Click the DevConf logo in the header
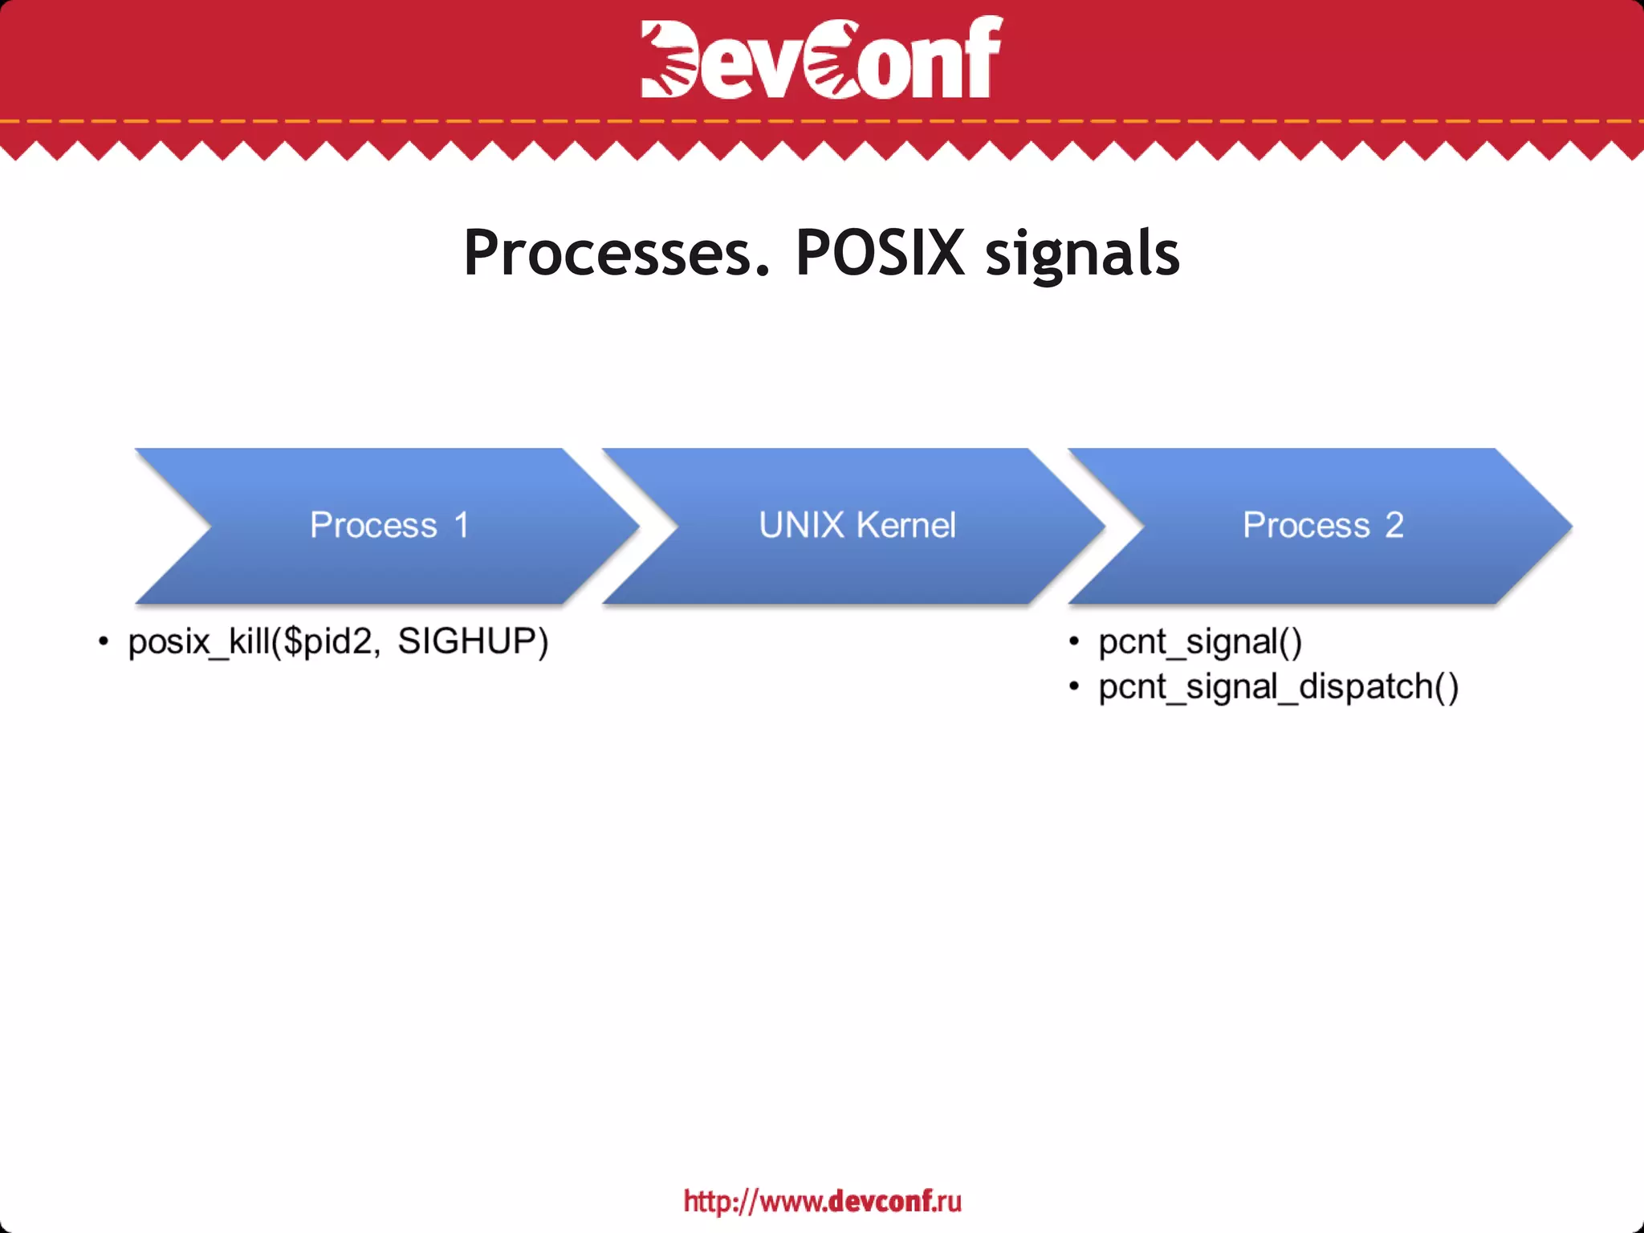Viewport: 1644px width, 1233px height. [821, 58]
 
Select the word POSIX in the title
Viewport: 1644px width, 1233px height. [880, 253]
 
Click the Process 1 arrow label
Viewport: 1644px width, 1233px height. [389, 526]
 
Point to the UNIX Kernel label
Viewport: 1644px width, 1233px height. [857, 526]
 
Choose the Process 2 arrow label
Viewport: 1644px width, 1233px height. [1323, 526]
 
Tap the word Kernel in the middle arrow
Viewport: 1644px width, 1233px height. [906, 526]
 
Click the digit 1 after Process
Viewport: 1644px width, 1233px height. [461, 526]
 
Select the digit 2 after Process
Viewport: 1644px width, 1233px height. [1394, 526]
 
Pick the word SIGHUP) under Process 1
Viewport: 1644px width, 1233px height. [473, 641]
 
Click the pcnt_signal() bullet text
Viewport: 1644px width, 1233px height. [1200, 642]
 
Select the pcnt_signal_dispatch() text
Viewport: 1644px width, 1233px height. [1278, 687]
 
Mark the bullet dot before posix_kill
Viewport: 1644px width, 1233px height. [103, 641]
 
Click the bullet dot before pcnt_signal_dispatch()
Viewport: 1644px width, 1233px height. [1074, 686]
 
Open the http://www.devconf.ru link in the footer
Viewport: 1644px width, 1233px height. [822, 1201]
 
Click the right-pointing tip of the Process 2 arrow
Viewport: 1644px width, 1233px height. [1565, 527]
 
